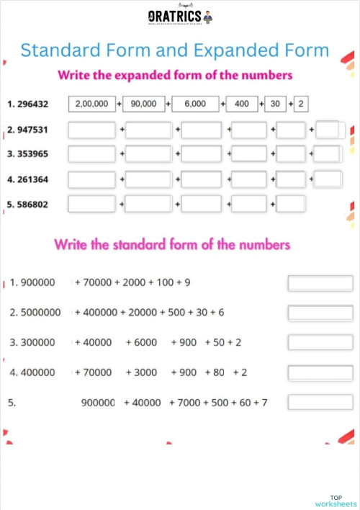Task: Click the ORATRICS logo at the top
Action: coord(180,17)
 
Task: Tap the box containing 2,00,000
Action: coord(91,104)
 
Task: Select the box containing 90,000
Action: coord(143,104)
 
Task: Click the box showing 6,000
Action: coord(195,104)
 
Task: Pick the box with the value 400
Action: coord(242,104)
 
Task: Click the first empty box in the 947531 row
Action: coord(91,130)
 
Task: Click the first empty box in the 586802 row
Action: coord(91,204)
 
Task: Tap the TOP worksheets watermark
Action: coord(336,501)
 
